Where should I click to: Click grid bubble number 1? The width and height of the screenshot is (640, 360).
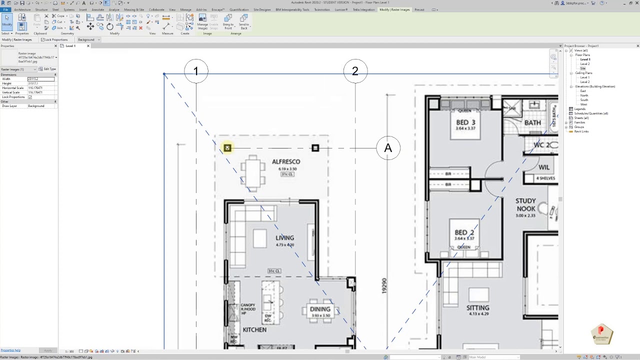196,71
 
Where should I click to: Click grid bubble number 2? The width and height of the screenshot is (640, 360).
355,71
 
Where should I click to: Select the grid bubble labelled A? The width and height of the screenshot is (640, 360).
388,148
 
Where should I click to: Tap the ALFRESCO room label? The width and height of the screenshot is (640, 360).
286,162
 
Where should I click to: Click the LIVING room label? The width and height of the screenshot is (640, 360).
284,238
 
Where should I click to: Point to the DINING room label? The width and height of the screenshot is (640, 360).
319,309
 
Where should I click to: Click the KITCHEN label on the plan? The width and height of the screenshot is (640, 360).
254,330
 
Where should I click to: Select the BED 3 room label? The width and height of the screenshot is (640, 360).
465,122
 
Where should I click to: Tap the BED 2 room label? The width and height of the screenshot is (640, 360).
464,232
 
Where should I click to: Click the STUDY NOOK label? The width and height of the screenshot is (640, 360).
525,205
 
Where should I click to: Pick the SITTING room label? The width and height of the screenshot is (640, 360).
477,308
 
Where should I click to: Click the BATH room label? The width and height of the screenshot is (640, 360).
532,122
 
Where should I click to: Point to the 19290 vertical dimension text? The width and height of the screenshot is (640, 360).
384,286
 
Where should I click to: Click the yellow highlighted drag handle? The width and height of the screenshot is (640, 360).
227,148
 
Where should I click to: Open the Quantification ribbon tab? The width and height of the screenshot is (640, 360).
238,9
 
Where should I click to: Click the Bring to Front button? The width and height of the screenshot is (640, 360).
228,21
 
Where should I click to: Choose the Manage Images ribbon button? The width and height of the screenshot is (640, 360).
202,21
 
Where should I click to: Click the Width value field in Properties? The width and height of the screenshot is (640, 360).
40,79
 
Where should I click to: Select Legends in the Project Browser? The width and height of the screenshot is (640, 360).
579,109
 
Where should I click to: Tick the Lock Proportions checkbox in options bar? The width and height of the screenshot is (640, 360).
42,39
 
